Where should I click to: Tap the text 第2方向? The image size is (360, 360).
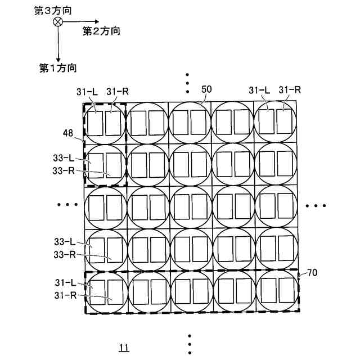101,31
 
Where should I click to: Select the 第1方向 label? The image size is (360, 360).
58,68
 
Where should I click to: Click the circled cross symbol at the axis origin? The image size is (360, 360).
57,21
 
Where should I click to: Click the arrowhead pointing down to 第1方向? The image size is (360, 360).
57,58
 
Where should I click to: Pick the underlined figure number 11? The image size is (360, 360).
124,347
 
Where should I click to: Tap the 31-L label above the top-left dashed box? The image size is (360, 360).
87,91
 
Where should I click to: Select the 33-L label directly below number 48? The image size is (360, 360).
64,160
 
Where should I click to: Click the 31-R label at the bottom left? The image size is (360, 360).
66,295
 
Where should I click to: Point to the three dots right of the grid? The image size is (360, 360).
316,206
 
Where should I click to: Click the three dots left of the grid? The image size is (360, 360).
67,206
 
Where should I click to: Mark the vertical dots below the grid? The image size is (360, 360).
190,344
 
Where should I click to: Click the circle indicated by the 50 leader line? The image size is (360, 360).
190,122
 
